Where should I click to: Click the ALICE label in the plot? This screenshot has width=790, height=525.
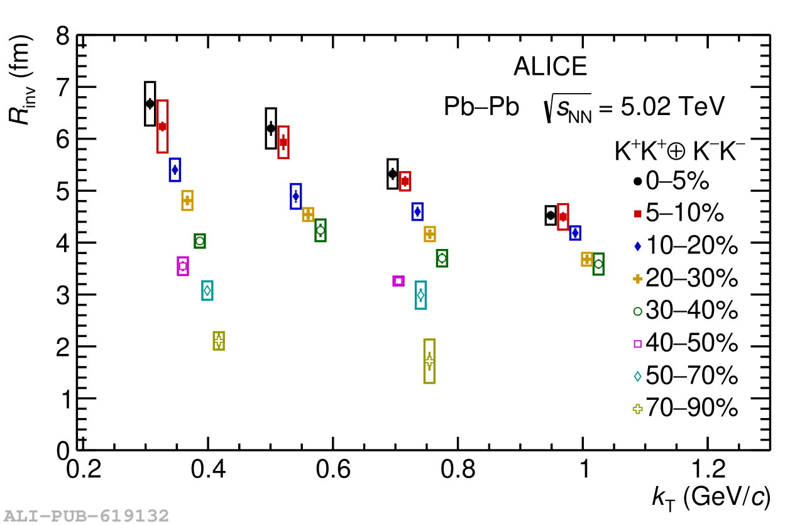pos(550,67)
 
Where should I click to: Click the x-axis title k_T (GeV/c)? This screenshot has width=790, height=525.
pos(710,498)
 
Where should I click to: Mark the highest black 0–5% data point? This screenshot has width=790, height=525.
pos(150,104)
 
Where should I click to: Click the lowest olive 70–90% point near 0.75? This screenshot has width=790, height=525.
pos(429,361)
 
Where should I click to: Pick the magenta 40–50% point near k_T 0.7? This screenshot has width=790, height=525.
pos(398,281)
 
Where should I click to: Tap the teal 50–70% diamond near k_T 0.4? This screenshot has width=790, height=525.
pos(207,290)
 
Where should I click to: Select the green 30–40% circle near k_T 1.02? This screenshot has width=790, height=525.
pos(598,264)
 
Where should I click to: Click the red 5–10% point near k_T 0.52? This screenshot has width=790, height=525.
pos(283,142)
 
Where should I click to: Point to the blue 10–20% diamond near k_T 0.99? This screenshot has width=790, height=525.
pos(575,233)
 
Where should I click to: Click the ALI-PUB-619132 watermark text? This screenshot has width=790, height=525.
pos(85,516)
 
